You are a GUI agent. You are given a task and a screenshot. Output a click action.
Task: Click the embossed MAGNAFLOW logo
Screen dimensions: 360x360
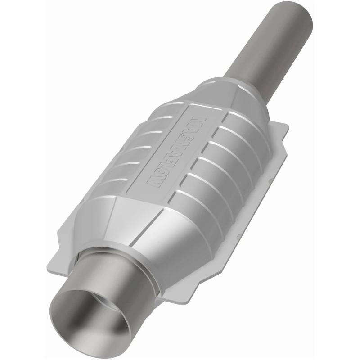[x=175, y=148]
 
